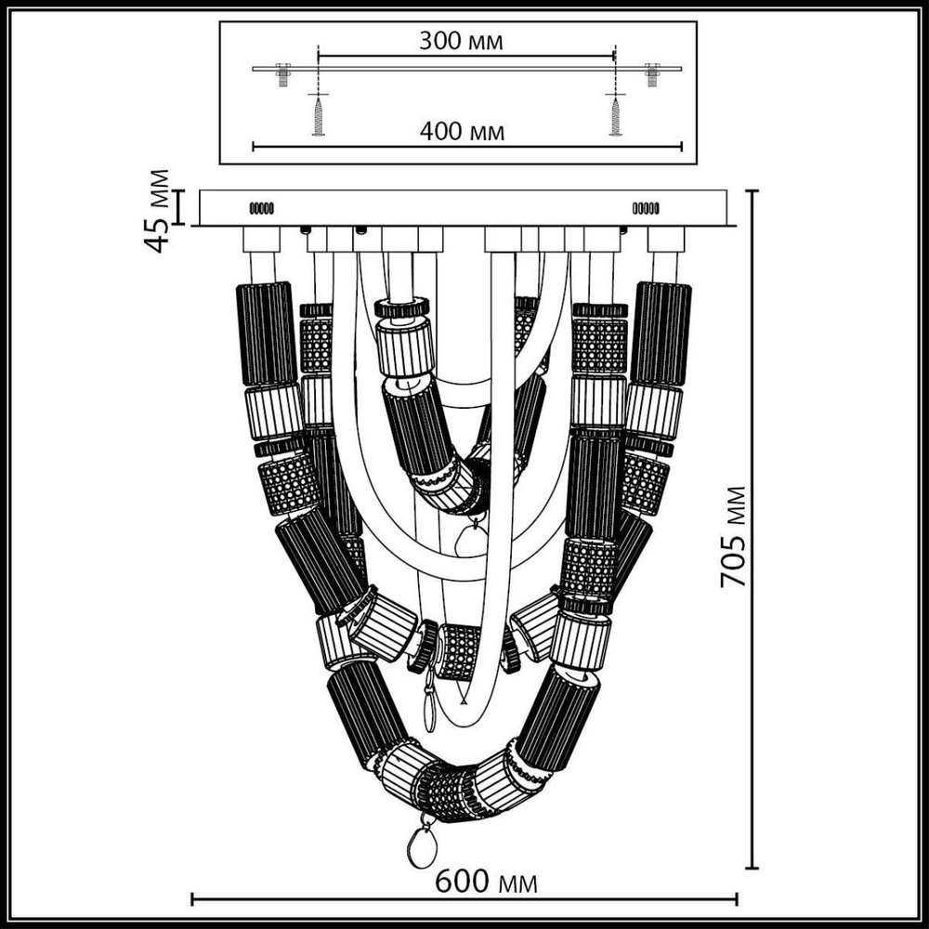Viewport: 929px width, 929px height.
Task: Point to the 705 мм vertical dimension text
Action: click(735, 536)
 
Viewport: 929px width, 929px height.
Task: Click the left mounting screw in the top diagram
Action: click(318, 115)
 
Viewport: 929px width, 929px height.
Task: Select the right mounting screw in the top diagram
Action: click(615, 115)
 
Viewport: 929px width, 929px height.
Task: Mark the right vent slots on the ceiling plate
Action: click(646, 208)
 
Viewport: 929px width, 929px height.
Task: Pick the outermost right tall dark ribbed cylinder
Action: click(661, 333)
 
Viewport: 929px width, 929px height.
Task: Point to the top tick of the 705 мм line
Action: click(752, 191)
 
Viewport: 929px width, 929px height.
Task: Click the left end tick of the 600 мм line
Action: click(192, 899)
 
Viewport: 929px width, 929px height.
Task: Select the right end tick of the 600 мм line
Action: click(737, 899)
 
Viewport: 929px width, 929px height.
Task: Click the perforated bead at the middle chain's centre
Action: click(459, 651)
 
